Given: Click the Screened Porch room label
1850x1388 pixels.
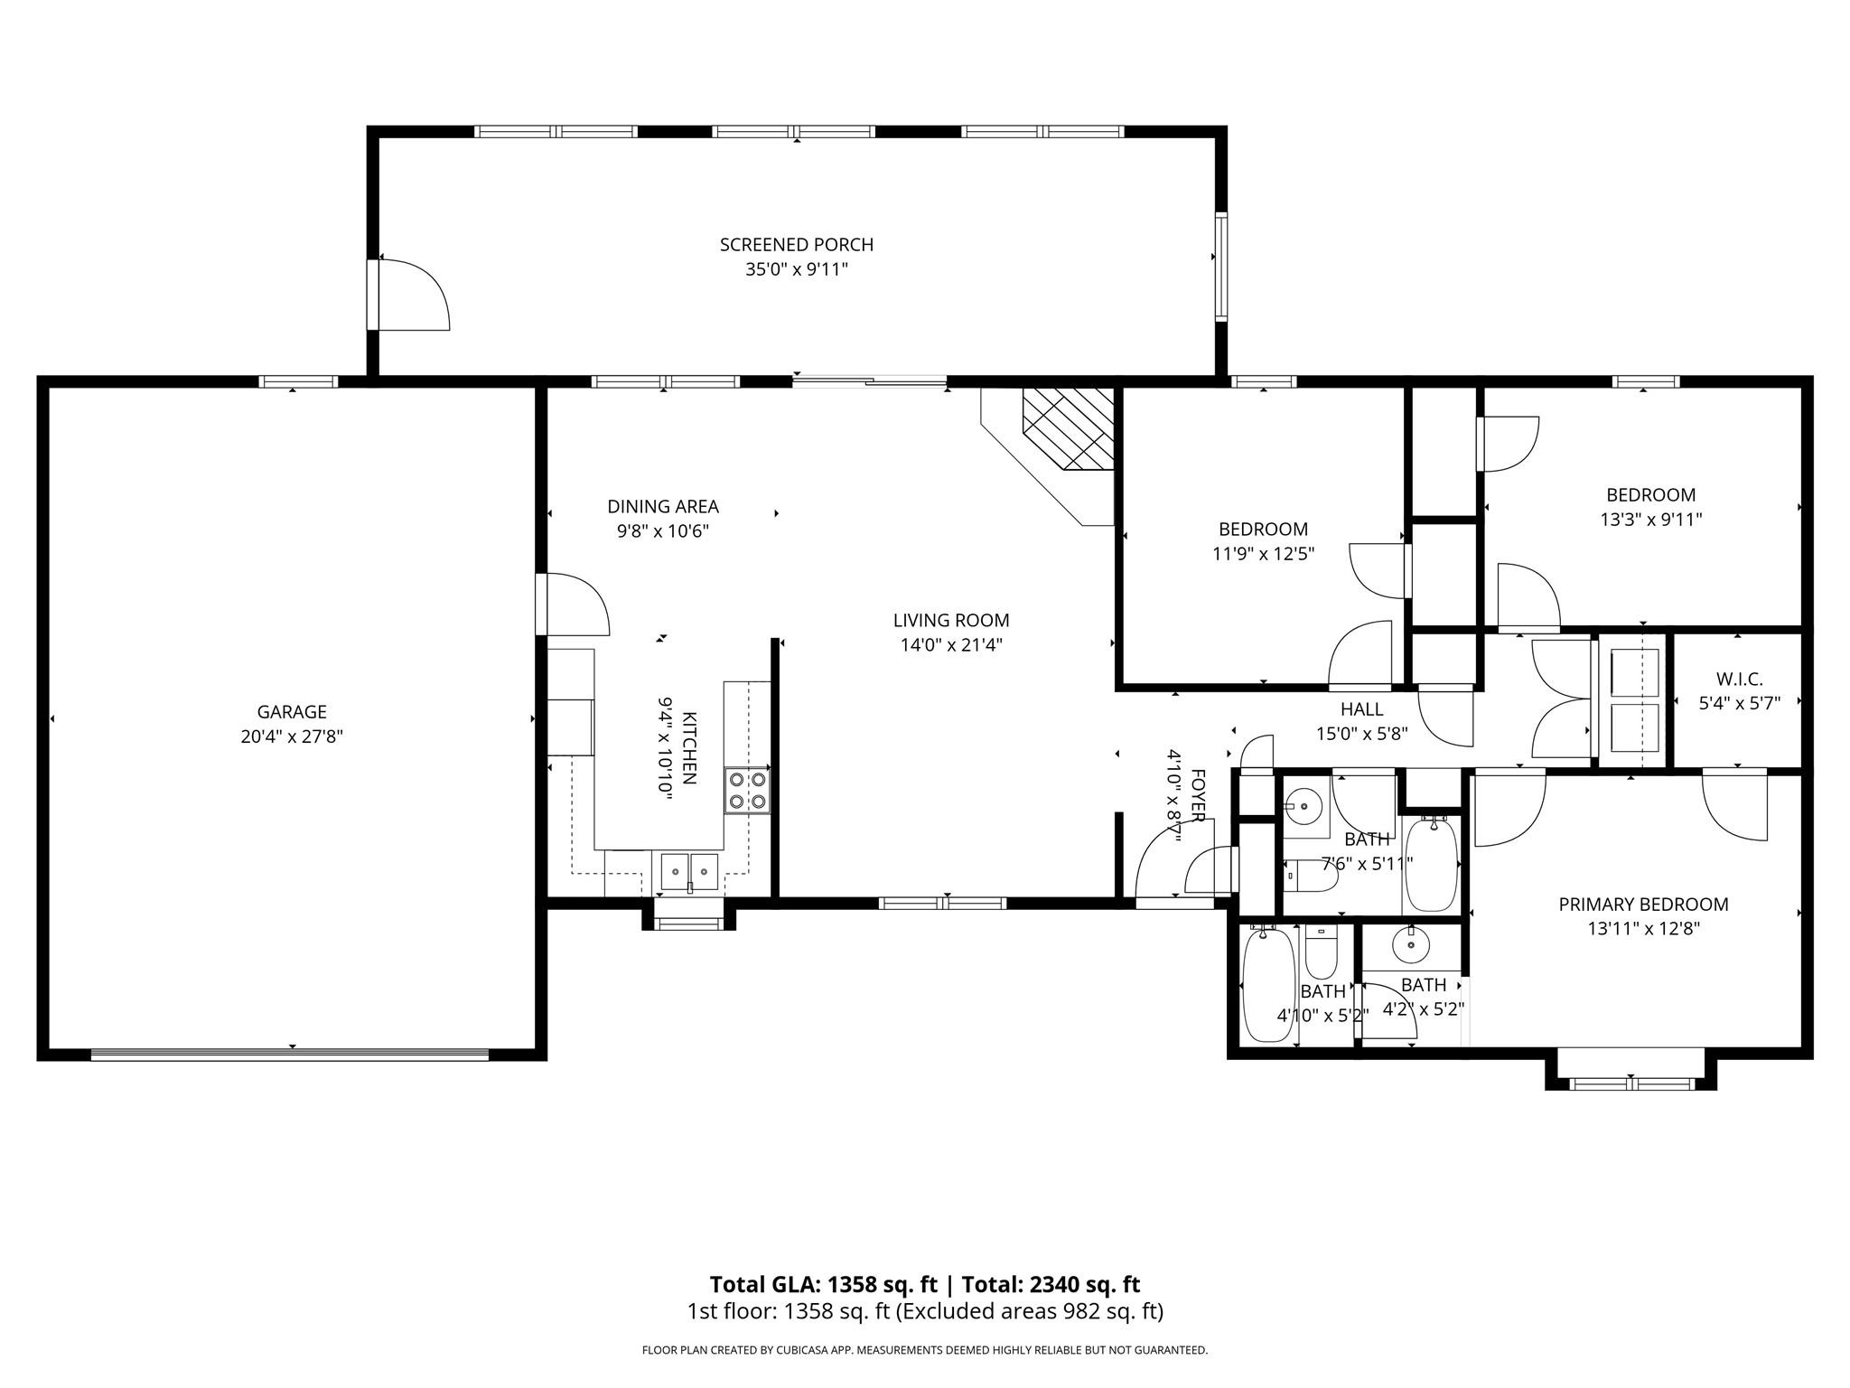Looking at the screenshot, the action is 797,245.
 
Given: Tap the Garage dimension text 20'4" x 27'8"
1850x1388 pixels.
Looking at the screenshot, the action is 292,736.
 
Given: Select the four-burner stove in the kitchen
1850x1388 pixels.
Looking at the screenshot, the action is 747,790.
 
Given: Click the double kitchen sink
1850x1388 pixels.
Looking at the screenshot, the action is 689,872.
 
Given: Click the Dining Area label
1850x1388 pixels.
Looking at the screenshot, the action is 663,507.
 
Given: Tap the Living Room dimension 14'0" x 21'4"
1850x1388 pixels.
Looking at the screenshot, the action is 951,645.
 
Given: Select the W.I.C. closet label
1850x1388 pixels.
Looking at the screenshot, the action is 1739,680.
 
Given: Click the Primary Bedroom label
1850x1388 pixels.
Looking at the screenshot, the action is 1644,904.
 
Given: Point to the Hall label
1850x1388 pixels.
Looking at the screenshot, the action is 1361,709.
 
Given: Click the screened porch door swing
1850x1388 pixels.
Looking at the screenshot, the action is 414,295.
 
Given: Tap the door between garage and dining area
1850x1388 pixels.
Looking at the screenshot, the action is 573,605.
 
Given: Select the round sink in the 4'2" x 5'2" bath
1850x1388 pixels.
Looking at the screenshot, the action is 1410,946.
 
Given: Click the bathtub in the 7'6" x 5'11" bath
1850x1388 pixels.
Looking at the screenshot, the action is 1432,863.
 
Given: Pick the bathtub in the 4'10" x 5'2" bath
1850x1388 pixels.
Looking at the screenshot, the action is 1268,985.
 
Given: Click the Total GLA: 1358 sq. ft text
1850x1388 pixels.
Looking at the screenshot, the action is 823,1284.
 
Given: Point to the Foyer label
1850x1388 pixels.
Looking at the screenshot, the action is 1198,795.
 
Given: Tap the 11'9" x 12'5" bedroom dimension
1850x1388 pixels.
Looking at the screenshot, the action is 1263,553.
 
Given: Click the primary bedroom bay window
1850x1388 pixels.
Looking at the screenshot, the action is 1631,1083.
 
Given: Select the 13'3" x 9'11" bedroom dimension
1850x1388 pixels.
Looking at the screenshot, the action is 1650,520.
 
